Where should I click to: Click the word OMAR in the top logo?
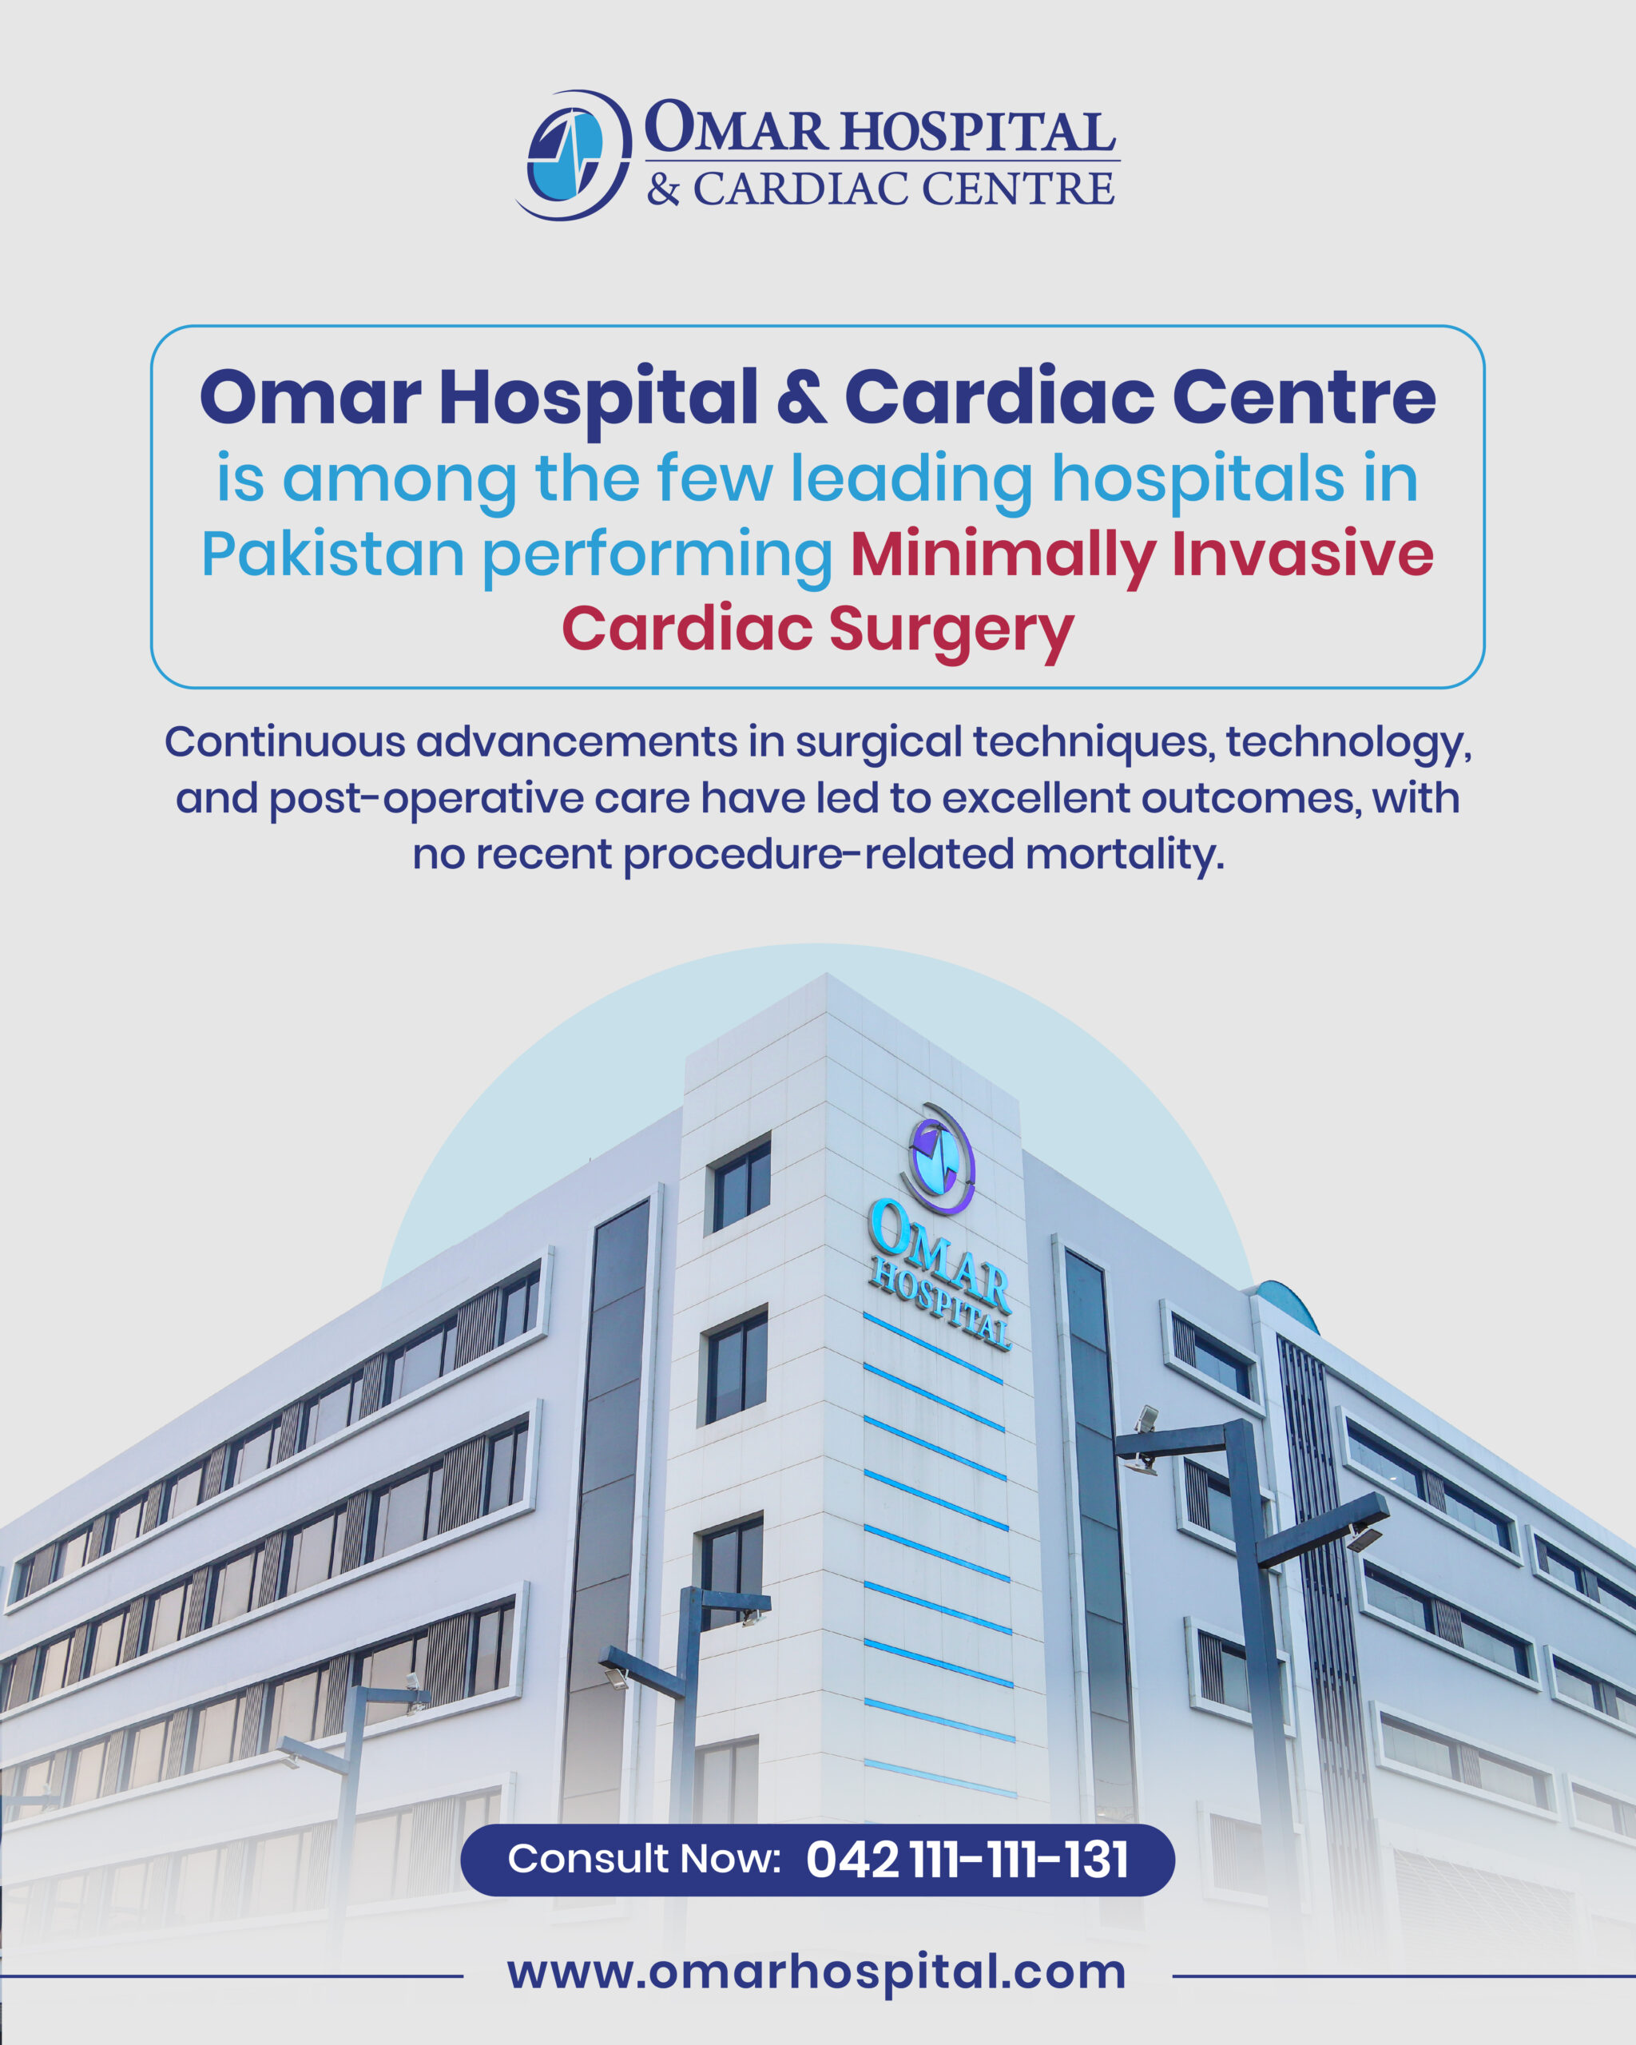[x=736, y=128]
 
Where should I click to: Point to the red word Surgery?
[x=951, y=629]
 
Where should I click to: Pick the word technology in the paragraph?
[x=1347, y=742]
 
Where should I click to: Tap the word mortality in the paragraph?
[x=1125, y=854]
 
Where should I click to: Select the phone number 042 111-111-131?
[x=967, y=1860]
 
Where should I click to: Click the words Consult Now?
[x=644, y=1859]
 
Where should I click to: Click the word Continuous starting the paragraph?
[x=284, y=742]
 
